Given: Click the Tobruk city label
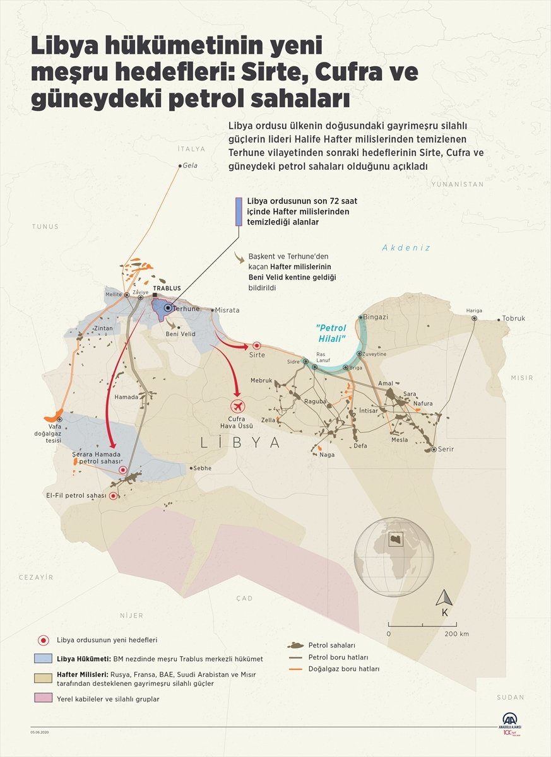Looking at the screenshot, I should pos(513,319).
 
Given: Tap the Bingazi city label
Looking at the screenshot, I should pos(376,317).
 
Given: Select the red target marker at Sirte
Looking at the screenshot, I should pos(257,346).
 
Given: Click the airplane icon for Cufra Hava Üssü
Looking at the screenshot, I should pos(237,406).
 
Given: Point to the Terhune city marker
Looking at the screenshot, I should pos(167,308).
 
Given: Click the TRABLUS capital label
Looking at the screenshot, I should pos(167,288).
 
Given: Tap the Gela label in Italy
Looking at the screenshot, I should pos(189,165).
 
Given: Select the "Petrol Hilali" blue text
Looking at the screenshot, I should pos(332,333).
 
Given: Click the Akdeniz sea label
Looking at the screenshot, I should pos(406,248).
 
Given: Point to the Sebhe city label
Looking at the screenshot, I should pos(203,468).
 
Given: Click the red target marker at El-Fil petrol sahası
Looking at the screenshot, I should pos(113,496).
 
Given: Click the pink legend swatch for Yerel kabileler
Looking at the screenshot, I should pos(43,698).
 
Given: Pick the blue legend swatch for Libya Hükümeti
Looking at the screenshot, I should pos(43,659).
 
